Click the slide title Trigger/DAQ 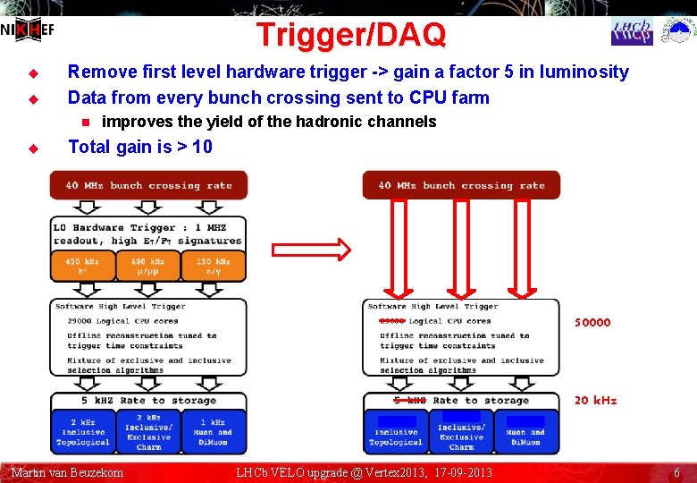click(350, 35)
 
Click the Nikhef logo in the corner click(28, 30)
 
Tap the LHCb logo click(632, 31)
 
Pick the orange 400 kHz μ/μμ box click(148, 266)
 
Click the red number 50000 click(592, 322)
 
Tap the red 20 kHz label click(595, 400)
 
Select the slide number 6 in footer click(676, 472)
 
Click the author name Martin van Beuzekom click(67, 472)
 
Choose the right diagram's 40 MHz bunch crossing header click(461, 185)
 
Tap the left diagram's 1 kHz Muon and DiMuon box click(213, 431)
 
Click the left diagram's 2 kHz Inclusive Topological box click(83, 431)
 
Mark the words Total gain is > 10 click(140, 147)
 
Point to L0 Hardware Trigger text click(114, 228)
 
